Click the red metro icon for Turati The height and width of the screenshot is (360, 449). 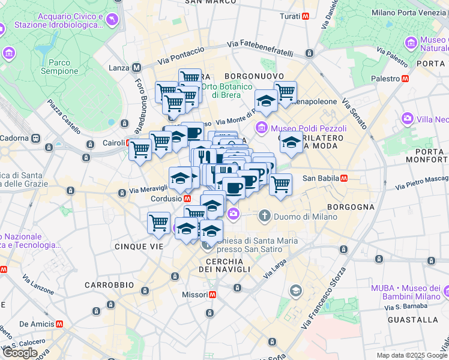tap(306, 16)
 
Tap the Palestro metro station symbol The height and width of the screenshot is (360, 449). tap(406, 79)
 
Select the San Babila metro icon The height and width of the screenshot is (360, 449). tap(345, 178)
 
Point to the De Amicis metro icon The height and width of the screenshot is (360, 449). tap(59, 323)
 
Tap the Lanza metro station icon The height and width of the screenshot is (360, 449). tap(136, 68)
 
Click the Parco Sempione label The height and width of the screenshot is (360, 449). tap(59, 67)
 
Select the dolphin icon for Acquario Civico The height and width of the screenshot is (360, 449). tap(112, 21)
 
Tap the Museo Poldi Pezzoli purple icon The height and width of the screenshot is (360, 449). tap(262, 128)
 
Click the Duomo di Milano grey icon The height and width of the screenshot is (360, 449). tap(265, 215)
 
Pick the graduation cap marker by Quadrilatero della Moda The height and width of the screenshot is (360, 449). tap(291, 143)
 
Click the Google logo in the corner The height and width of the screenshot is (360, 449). tap(20, 353)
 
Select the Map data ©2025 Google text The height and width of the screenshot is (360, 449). tap(411, 355)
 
